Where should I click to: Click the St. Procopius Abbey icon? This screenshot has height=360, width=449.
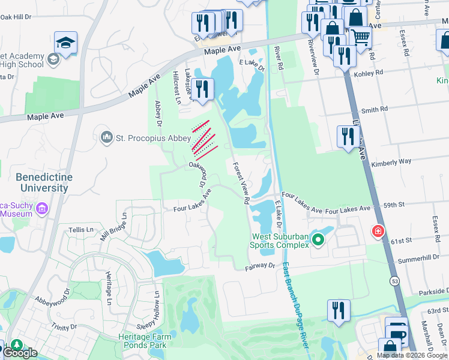(107, 138)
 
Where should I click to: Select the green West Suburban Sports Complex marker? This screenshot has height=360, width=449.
(318, 241)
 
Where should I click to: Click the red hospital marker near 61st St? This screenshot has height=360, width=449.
(378, 231)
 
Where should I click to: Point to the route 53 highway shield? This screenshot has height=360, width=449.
(394, 280)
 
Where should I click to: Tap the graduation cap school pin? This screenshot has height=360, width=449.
(65, 43)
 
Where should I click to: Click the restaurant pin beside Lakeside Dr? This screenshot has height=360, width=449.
(203, 89)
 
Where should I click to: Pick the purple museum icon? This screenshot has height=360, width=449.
(41, 209)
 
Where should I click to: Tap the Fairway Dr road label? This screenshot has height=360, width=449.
(259, 265)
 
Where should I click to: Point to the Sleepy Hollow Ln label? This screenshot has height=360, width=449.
(156, 311)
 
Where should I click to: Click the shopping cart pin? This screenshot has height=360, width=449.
(361, 38)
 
